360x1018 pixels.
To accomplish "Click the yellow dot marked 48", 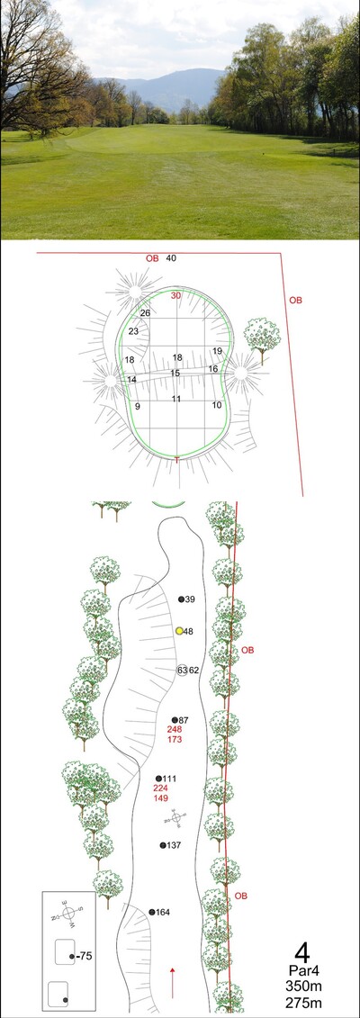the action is coord(179,630).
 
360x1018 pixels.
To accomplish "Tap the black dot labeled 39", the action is coord(181,599).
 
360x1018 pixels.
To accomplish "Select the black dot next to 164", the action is coord(152,912).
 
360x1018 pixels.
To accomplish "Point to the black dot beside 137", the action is coord(163,845).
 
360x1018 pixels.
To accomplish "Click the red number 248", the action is coord(174,730).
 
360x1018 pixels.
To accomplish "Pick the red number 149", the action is coord(160,797).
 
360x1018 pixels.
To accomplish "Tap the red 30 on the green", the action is coord(175,295).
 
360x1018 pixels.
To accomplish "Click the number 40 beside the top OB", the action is coord(171,258).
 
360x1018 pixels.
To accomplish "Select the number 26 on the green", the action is coord(145,313).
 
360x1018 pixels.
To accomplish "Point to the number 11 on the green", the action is coord(175,399).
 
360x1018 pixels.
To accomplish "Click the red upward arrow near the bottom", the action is coord(173,982).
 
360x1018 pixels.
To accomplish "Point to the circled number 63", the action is coord(182,670).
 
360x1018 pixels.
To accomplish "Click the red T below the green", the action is coord(177,460).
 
